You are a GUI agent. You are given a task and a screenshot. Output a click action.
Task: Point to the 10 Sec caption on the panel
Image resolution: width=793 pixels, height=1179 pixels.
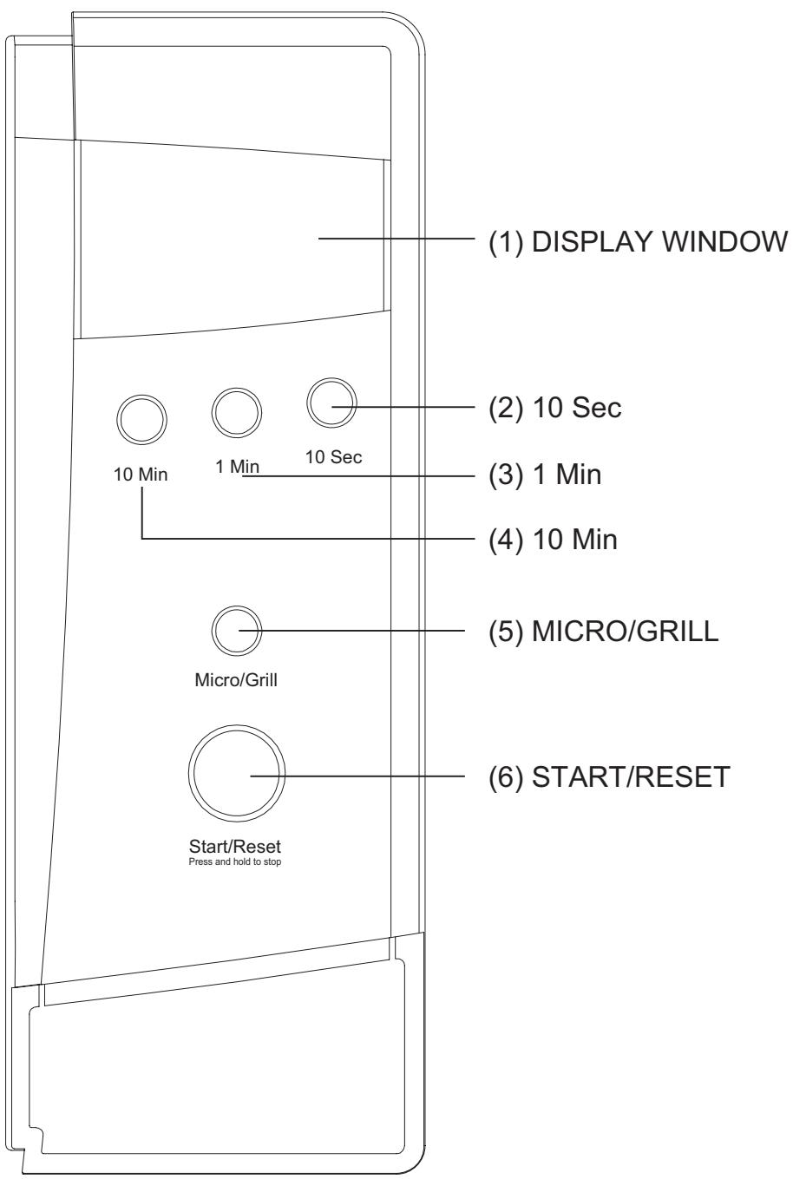tap(333, 457)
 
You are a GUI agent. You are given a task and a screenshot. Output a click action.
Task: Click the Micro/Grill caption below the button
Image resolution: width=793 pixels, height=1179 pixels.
tap(236, 679)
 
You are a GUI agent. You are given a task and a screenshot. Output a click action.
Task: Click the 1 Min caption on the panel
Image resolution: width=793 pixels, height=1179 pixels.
tap(236, 466)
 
